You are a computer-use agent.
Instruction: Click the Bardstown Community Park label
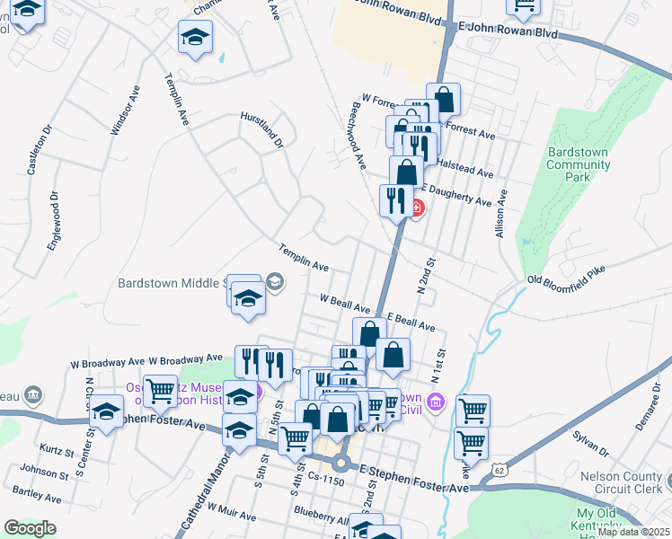click(x=578, y=164)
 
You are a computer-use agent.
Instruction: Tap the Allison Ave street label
click(x=503, y=210)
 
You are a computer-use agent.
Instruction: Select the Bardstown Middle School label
click(x=171, y=283)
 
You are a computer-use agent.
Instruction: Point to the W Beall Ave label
click(x=345, y=303)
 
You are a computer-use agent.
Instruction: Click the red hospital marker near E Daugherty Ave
click(x=416, y=209)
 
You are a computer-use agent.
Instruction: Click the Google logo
click(x=30, y=528)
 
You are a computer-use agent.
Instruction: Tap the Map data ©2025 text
click(x=634, y=532)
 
